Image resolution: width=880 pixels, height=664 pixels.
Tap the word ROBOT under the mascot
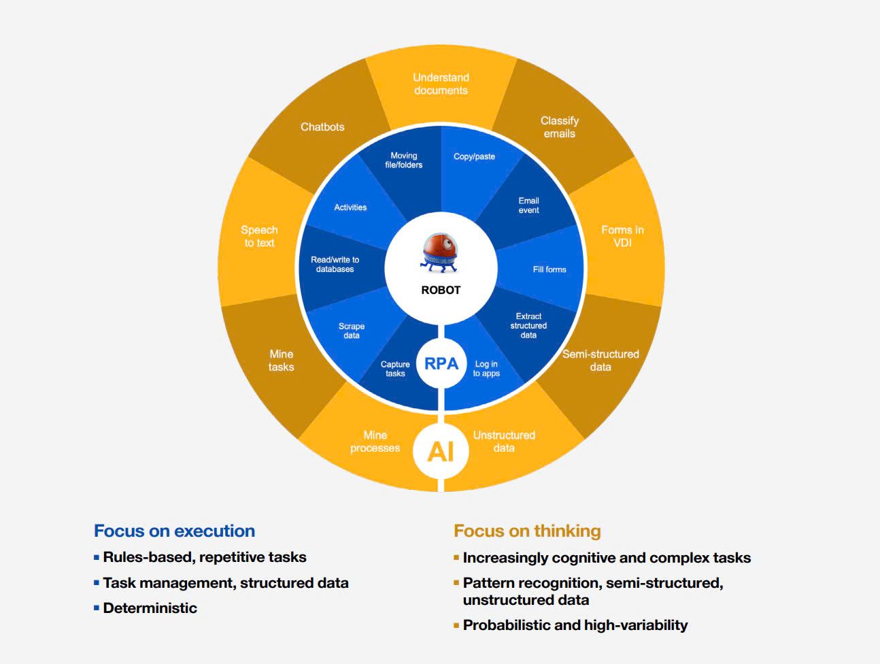[x=441, y=290]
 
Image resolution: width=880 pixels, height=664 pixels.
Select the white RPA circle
[x=441, y=364]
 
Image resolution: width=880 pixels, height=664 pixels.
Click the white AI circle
[x=441, y=450]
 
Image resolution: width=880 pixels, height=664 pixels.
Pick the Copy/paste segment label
[x=474, y=156]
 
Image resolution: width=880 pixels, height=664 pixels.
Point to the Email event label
[x=528, y=205]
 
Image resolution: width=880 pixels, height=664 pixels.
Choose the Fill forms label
[x=549, y=269]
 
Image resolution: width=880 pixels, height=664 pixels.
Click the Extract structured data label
[x=528, y=326]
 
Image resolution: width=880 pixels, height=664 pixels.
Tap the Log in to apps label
[x=486, y=369]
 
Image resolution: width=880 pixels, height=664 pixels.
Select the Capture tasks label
[x=395, y=369]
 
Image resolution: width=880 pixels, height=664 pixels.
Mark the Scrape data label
[x=352, y=331]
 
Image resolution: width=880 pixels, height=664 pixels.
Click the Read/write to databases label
[x=335, y=265]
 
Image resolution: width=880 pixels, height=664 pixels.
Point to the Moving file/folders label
[x=404, y=161]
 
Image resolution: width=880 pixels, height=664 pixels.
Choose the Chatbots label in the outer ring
[x=322, y=127]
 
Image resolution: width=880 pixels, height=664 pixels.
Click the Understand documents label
[x=441, y=84]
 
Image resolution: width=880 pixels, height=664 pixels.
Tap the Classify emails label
[x=560, y=127]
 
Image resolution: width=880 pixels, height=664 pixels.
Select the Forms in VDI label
[x=622, y=236]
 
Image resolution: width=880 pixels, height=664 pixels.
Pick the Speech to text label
[x=259, y=236]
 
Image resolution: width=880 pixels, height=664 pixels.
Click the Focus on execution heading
[x=174, y=531]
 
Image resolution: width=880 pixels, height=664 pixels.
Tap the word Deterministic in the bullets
[x=150, y=608]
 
